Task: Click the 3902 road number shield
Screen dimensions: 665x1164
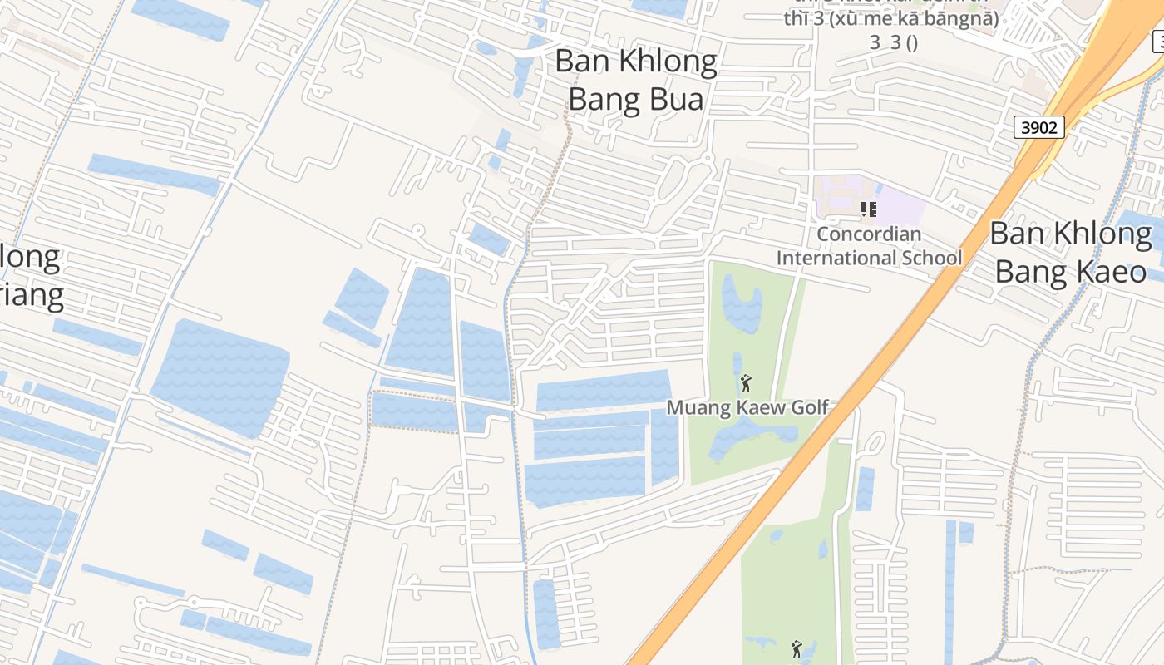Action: (1039, 127)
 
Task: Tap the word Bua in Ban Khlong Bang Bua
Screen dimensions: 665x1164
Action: (672, 99)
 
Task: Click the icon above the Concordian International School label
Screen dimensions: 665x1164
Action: (869, 209)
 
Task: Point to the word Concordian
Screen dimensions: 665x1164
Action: (869, 234)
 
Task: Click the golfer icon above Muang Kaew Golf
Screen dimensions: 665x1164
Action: (746, 383)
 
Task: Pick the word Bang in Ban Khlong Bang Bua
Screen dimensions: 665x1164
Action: (603, 99)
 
